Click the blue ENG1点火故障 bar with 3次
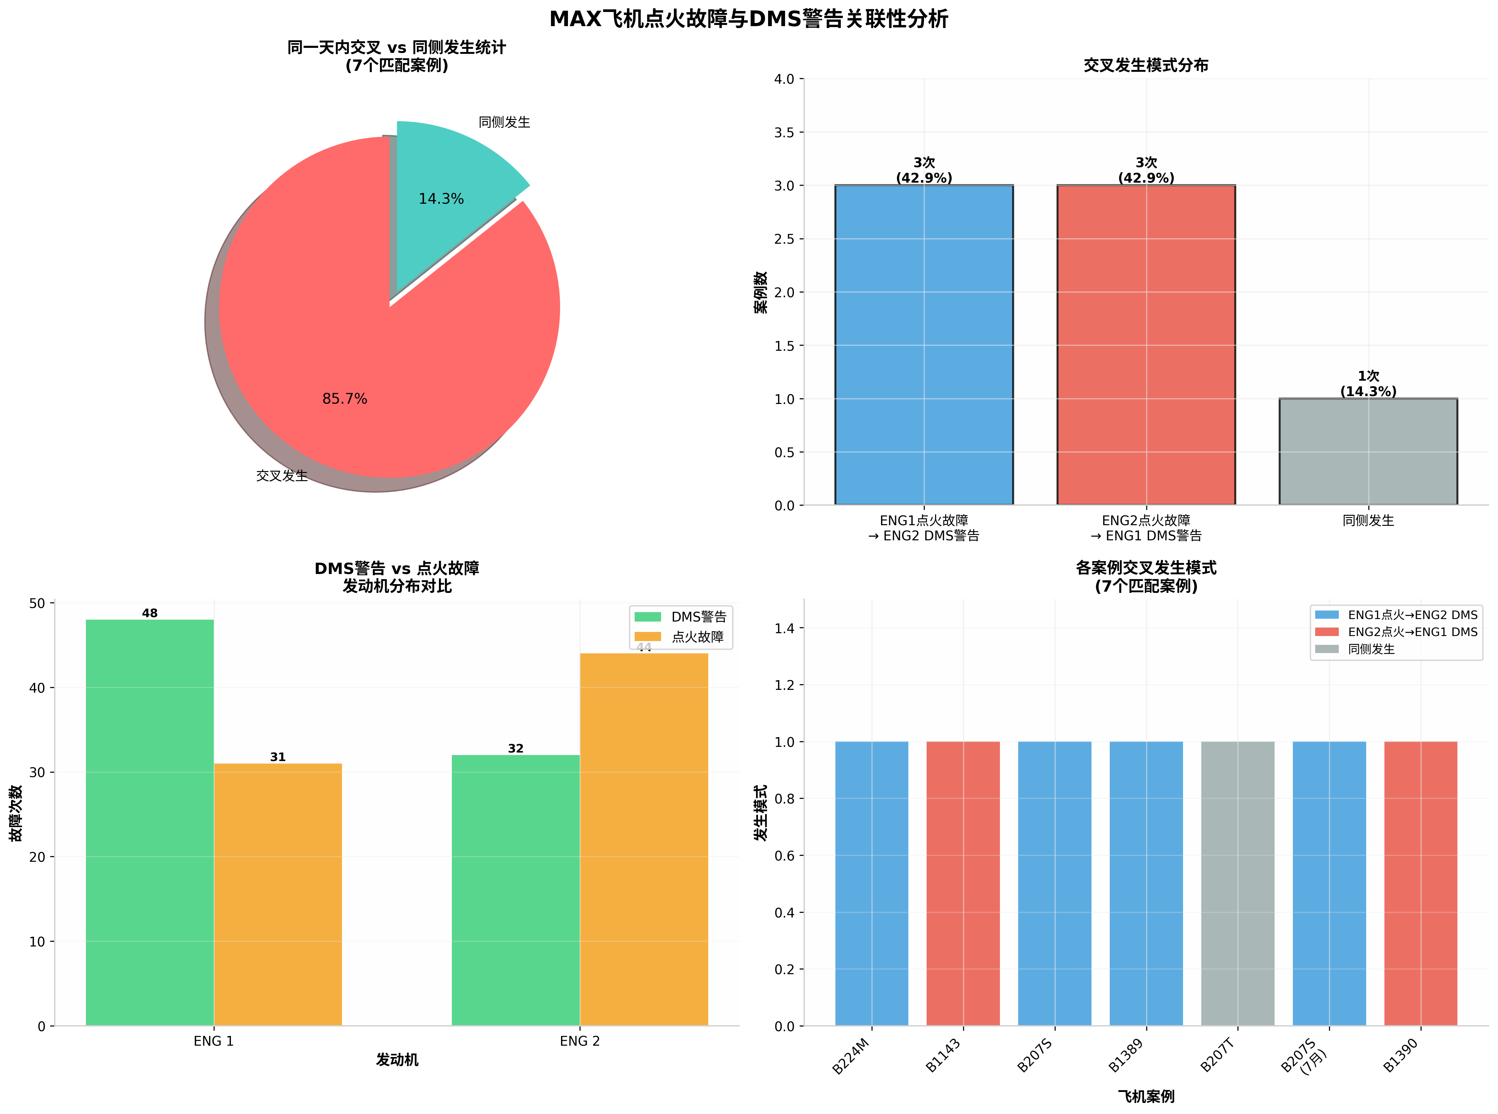pyautogui.click(x=924, y=344)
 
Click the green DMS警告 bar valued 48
pyautogui.click(x=149, y=823)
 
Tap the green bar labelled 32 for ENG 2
pyautogui.click(x=515, y=890)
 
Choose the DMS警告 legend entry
pyautogui.click(x=681, y=616)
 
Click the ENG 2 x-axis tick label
pyautogui.click(x=580, y=1041)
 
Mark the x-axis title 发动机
pyautogui.click(x=397, y=1060)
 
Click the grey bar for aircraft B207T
pyautogui.click(x=1237, y=884)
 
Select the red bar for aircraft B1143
pyautogui.click(x=963, y=884)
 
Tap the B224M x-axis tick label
pyautogui.click(x=851, y=1057)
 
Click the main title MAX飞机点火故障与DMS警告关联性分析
pyautogui.click(x=749, y=19)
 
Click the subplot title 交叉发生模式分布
pyautogui.click(x=1146, y=65)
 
